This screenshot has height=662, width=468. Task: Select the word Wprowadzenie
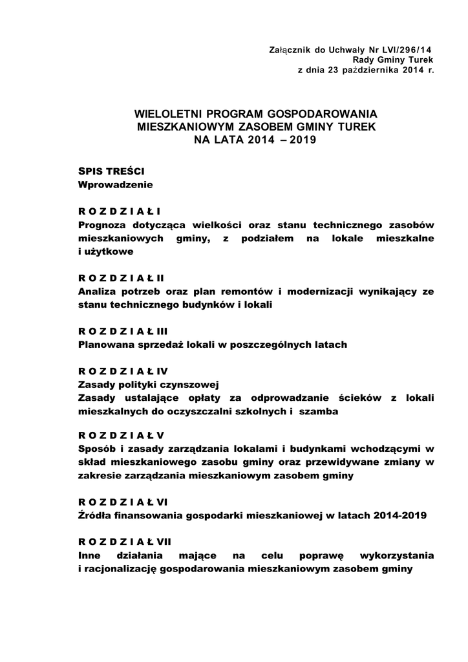[115, 185]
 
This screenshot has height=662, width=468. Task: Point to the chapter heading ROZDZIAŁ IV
[123, 372]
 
